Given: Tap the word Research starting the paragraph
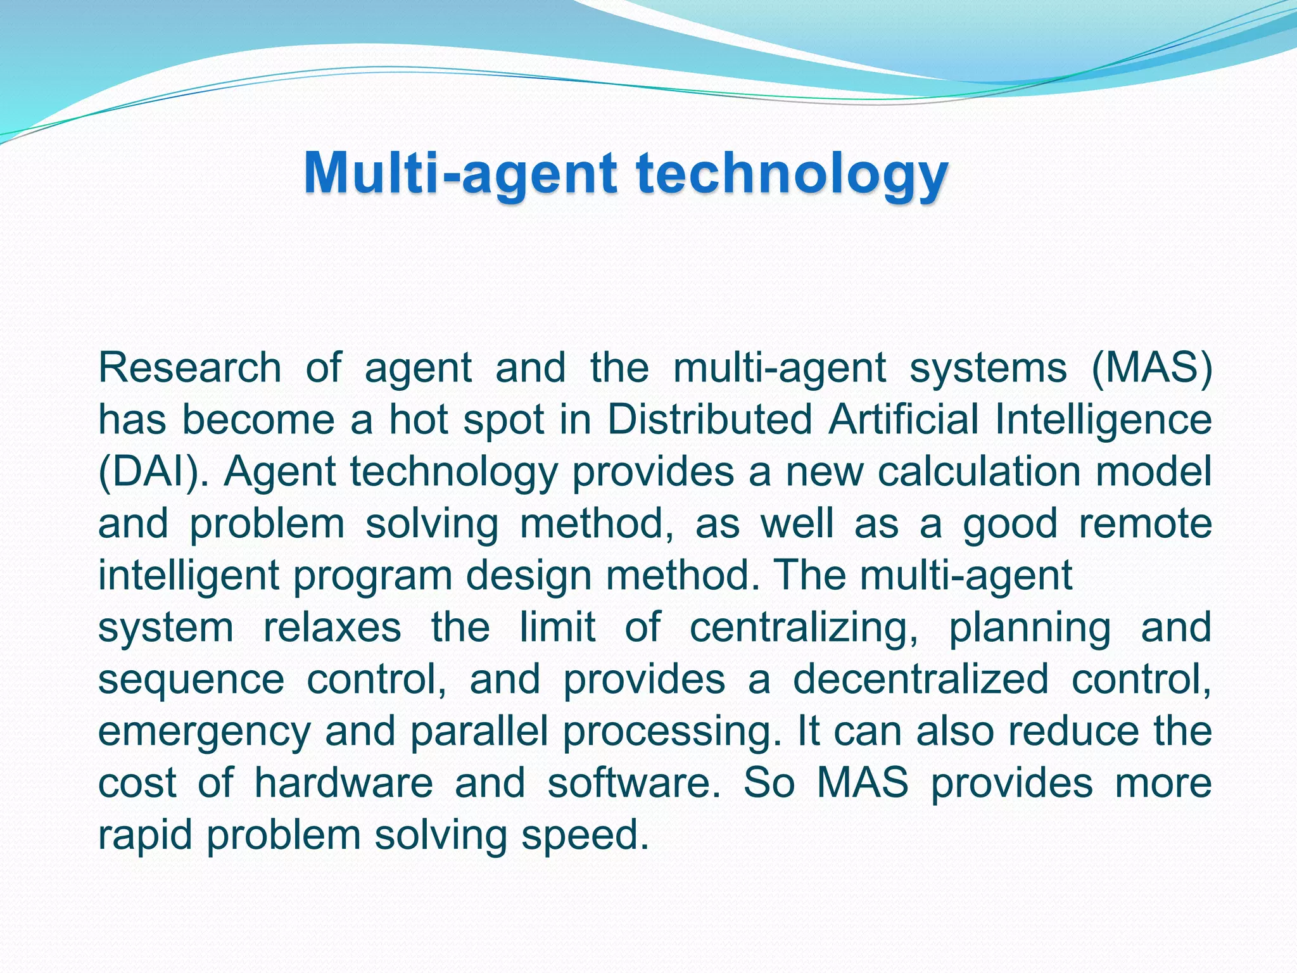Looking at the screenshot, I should [x=189, y=367].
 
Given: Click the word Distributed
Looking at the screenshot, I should [x=709, y=419].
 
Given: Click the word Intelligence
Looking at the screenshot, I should [x=1103, y=421].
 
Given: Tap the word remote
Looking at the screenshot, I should [x=1145, y=524].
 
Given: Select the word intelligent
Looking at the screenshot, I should [x=189, y=576].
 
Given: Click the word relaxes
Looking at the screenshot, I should [x=332, y=628].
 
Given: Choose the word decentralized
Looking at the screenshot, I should [x=921, y=679].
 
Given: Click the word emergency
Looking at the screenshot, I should [x=204, y=732].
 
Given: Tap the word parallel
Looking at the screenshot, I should [x=479, y=732].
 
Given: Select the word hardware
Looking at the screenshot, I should [x=343, y=783].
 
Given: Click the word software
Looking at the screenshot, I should [x=634, y=783].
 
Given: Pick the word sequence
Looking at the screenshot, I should [x=191, y=680].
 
